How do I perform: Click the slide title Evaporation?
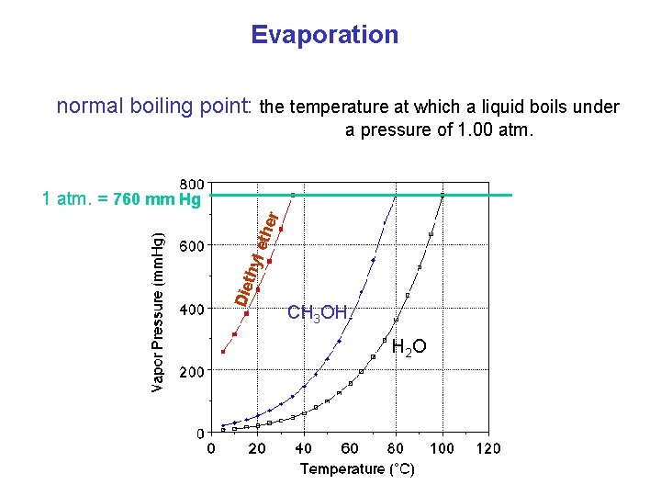click(x=325, y=35)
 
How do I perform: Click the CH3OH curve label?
click(x=317, y=313)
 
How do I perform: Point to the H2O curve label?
click(x=409, y=346)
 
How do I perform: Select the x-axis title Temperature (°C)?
click(x=358, y=469)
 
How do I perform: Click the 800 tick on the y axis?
click(x=191, y=183)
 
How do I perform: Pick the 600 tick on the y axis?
click(x=191, y=245)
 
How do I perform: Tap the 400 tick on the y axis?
click(x=191, y=310)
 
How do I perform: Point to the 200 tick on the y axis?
click(x=191, y=373)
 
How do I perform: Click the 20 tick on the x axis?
click(x=257, y=448)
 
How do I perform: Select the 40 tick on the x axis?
click(x=303, y=448)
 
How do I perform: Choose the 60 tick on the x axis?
click(x=350, y=448)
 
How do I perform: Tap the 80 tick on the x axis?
click(x=397, y=448)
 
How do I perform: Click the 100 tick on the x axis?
click(x=443, y=448)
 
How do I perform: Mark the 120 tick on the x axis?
click(x=488, y=448)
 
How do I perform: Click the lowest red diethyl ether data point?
click(x=223, y=352)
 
